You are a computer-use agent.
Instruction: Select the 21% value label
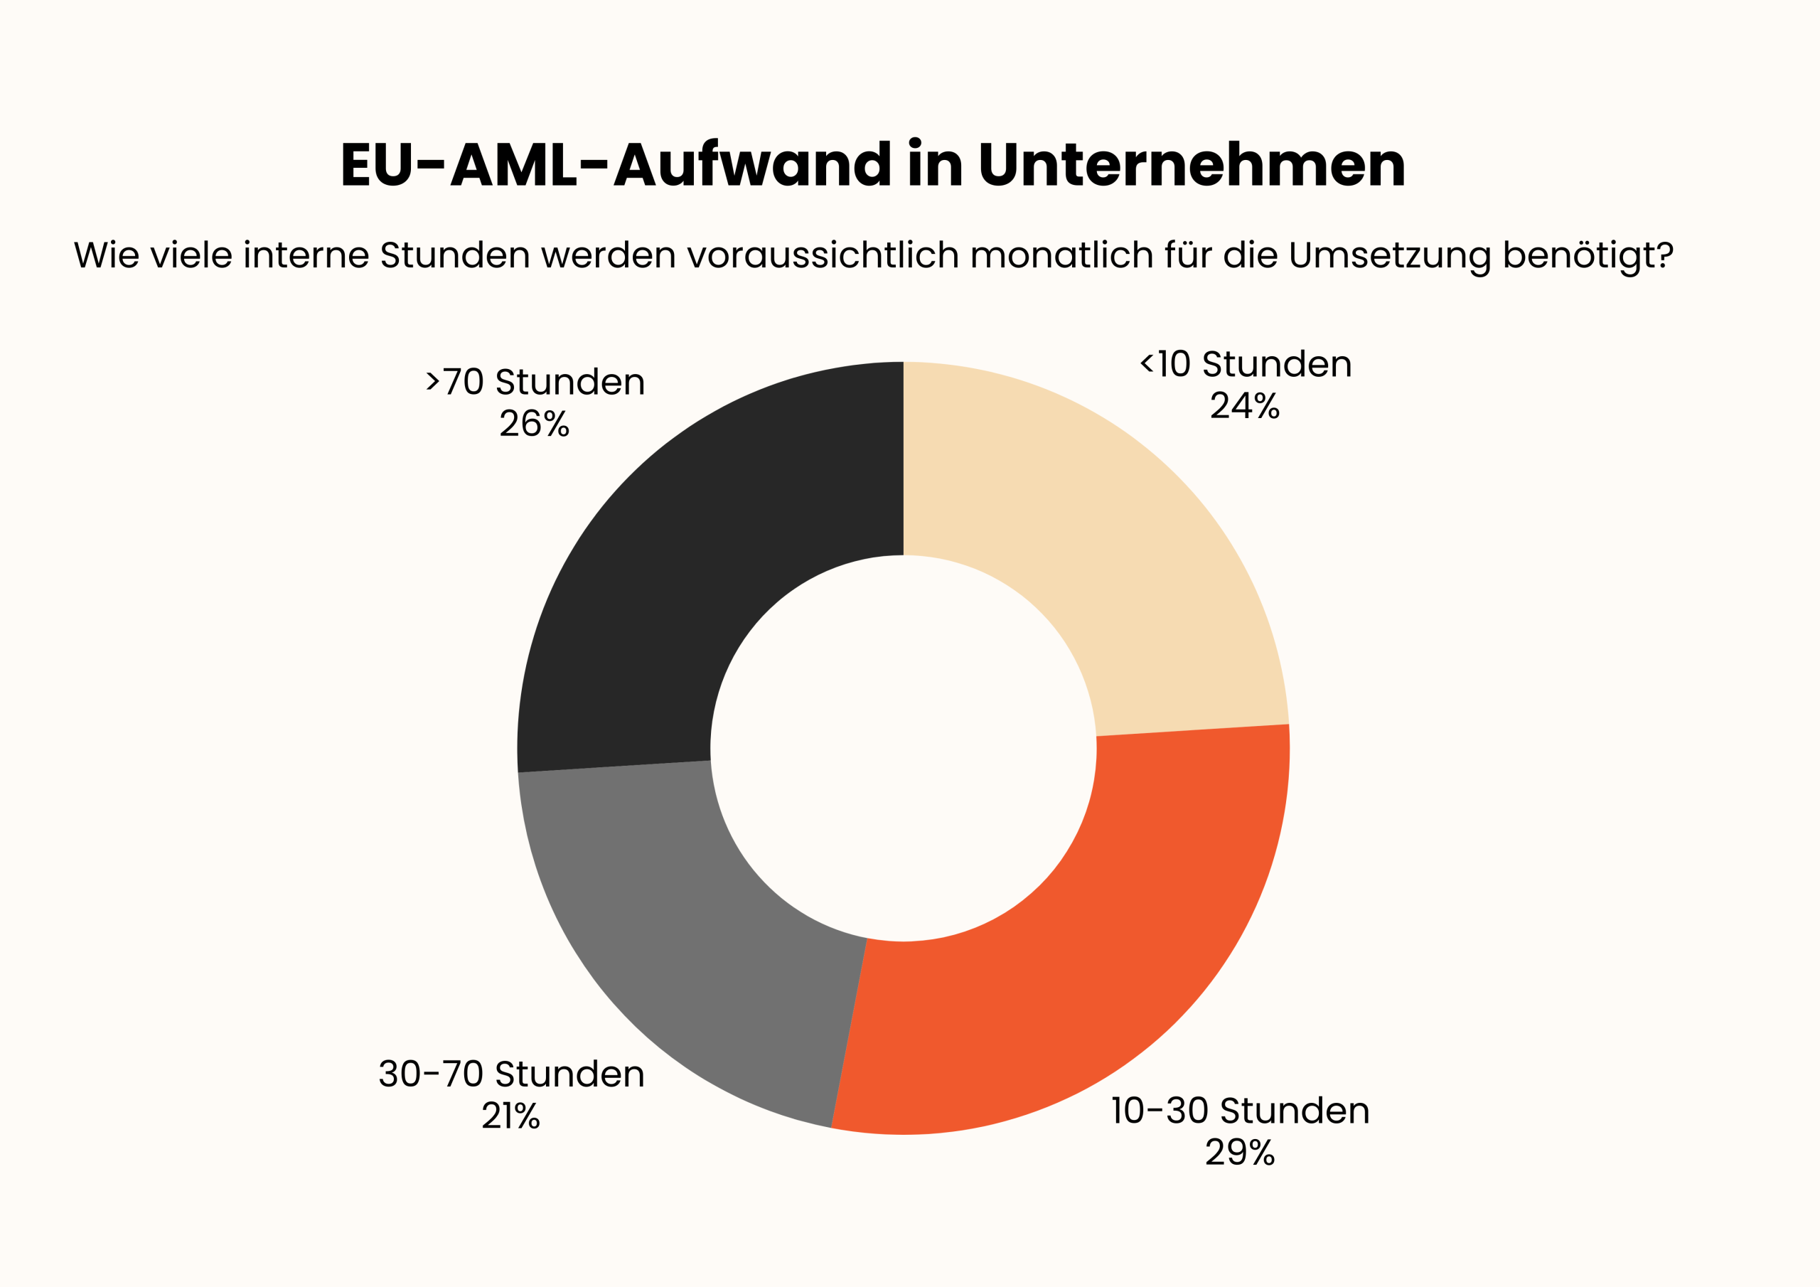510,1116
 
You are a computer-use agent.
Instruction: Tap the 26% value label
534,424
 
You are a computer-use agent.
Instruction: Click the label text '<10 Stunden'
1246,364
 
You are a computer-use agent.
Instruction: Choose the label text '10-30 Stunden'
1240,1110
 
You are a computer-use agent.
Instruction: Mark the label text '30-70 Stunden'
511,1074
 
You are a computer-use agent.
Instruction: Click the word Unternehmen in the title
1192,165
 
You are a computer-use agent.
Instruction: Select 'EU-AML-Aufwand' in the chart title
615,165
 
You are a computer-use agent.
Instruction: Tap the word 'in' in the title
936,165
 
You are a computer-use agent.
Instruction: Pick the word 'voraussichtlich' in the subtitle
823,255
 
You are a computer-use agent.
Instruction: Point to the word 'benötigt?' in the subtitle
1588,255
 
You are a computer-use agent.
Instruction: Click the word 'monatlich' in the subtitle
1061,255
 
